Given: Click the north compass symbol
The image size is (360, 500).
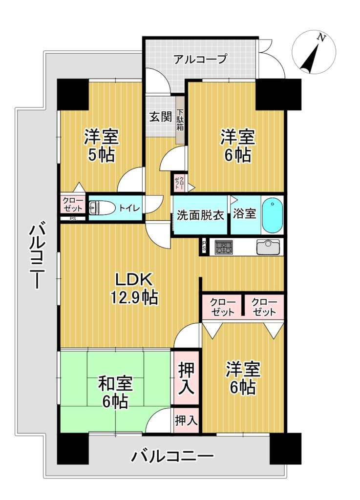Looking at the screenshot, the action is (x=314, y=52).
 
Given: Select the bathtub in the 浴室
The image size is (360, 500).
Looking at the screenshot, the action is (x=272, y=215).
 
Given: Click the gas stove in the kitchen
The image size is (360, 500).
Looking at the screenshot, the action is (x=224, y=247).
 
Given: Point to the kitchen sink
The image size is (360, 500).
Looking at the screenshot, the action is (x=268, y=247).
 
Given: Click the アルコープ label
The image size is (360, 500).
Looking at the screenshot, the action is (x=200, y=59).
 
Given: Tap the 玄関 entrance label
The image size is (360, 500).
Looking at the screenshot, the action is (x=161, y=117).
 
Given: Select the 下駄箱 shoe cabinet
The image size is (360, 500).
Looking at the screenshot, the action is (x=180, y=120).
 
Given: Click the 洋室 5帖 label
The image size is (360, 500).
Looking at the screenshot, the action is (x=102, y=146).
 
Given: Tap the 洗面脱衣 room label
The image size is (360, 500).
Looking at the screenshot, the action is (x=200, y=215).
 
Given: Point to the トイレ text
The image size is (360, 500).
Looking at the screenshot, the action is (x=129, y=208).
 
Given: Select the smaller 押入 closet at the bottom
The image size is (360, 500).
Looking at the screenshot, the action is (x=187, y=420).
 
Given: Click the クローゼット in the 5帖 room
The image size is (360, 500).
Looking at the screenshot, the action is (x=73, y=204).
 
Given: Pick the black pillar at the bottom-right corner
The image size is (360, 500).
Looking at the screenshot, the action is (x=285, y=448).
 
